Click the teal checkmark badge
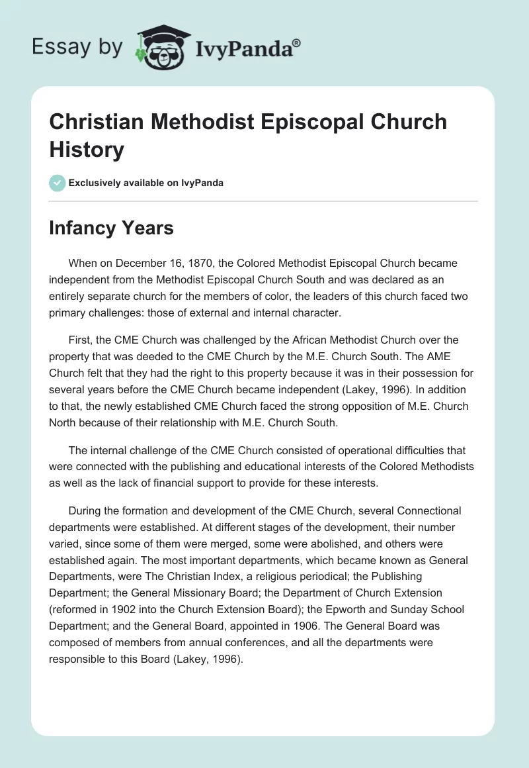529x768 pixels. [57, 183]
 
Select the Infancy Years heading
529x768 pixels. [111, 228]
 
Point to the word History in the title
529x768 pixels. [87, 150]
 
